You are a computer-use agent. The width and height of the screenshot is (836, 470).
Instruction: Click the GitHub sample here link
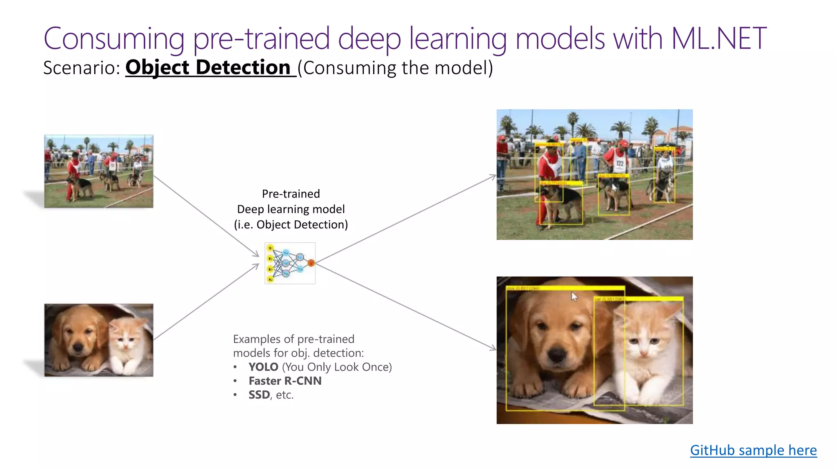(x=753, y=450)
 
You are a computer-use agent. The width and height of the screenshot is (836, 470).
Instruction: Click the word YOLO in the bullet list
(x=263, y=367)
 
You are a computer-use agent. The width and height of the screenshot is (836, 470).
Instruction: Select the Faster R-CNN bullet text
(x=285, y=381)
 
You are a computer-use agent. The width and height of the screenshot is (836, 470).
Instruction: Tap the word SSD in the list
(x=259, y=395)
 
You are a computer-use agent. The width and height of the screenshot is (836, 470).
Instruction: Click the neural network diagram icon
(x=290, y=263)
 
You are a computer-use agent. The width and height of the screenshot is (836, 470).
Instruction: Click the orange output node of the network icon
(x=311, y=263)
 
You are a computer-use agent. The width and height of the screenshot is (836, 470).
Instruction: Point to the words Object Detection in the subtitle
(x=208, y=67)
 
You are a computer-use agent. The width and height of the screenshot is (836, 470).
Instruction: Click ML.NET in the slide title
(x=718, y=39)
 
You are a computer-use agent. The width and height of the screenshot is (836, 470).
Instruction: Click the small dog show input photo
(x=99, y=171)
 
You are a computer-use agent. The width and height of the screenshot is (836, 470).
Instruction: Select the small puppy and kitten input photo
(x=99, y=340)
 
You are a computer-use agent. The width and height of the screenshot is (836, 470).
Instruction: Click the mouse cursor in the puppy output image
(x=574, y=297)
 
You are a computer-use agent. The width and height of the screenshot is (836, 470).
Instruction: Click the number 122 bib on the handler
(x=620, y=163)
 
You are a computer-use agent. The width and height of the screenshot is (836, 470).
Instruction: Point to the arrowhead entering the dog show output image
(x=494, y=176)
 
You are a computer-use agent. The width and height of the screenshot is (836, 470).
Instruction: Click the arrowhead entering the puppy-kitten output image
(x=494, y=348)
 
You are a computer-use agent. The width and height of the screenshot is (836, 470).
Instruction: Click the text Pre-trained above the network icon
(x=291, y=194)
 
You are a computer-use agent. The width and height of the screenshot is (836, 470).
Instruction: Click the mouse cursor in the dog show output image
(x=614, y=187)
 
